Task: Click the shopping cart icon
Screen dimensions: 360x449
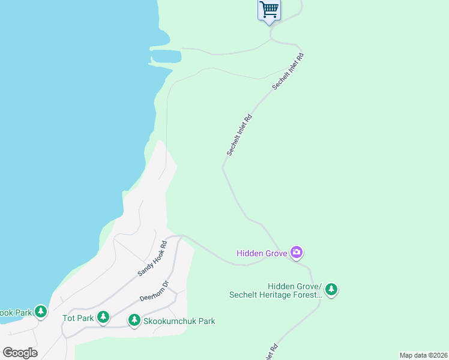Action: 270,9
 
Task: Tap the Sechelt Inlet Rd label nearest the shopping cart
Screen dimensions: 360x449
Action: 288,72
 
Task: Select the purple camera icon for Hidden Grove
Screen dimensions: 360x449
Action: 296,253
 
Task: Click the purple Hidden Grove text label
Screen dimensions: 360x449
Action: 262,253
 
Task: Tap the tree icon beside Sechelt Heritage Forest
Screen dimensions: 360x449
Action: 331,290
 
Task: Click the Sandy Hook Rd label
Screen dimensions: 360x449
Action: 151,259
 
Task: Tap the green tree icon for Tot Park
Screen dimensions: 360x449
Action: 103,317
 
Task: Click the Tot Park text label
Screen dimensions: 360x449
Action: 78,318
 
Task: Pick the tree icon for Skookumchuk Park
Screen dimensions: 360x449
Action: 134,321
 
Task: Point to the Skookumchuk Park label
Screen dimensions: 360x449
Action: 179,321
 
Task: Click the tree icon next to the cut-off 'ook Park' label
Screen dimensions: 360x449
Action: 40,312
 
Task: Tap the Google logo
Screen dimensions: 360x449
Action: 20,353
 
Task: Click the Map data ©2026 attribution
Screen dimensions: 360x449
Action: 423,355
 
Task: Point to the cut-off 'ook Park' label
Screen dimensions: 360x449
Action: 15,313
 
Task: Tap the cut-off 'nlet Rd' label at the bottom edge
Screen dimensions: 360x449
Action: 271,352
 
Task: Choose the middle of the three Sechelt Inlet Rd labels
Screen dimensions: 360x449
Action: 238,136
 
